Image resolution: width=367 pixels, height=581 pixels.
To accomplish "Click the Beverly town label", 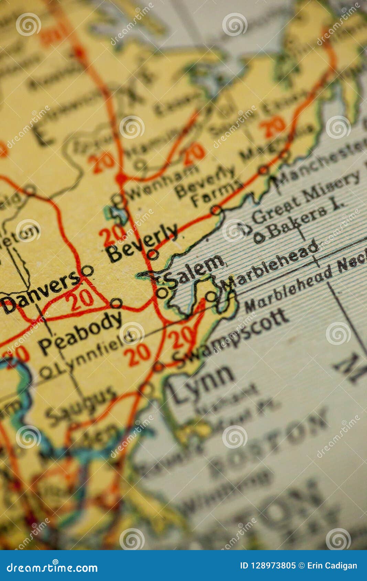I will [x=143, y=243].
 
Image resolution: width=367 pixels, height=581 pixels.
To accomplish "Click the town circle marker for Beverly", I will [x=153, y=254].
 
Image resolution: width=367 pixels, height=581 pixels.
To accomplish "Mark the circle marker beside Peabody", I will [x=116, y=303].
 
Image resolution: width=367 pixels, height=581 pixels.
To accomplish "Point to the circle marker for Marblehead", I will [x=211, y=296].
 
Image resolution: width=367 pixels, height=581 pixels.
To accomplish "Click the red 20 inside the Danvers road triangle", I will [x=82, y=298].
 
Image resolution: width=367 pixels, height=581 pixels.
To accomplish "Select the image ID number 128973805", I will [x=268, y=566].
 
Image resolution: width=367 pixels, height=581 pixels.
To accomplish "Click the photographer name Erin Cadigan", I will [x=332, y=566].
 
